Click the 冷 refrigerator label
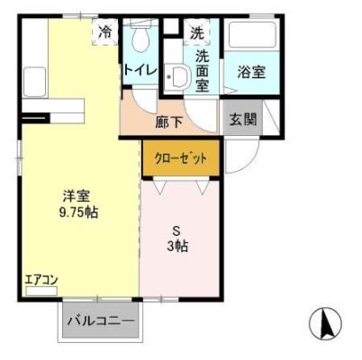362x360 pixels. pos(106,32)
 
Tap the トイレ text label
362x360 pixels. pos(141,70)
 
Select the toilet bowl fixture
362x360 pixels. pos(140,40)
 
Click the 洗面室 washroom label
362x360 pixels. pos(203,69)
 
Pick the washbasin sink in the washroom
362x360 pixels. pos(177,79)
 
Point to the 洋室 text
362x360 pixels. pos(75,196)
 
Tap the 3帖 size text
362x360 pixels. pos(181,245)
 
